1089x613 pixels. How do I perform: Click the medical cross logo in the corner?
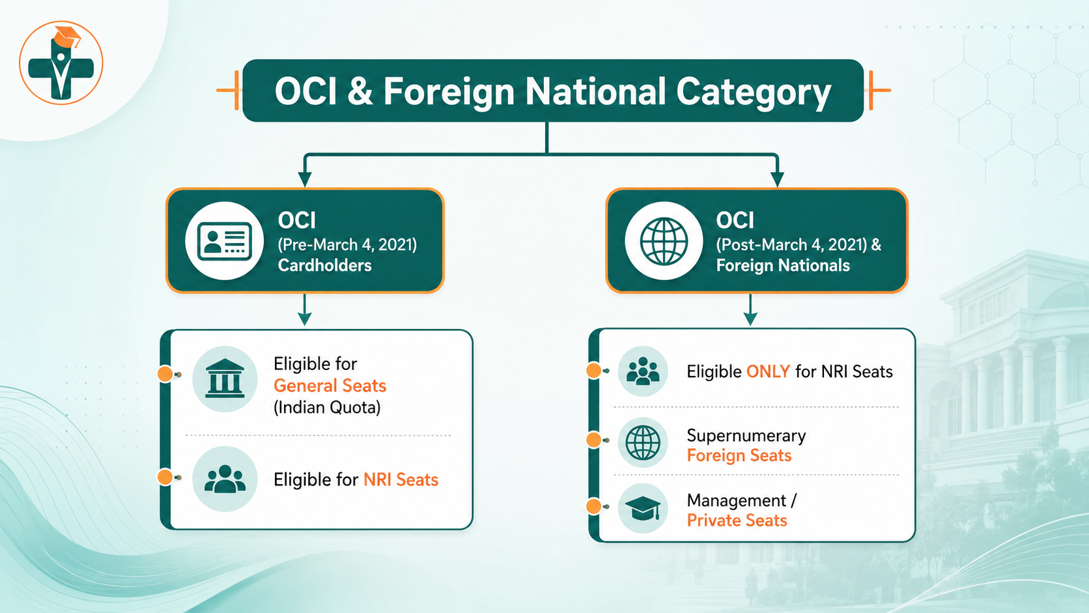coord(61,63)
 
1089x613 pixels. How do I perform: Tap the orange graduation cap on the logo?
coord(66,36)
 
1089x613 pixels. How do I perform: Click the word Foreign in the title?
coord(449,91)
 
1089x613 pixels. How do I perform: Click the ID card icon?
coord(225,241)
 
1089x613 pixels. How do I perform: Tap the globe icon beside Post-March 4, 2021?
coord(664,241)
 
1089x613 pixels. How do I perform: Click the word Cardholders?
coord(324,265)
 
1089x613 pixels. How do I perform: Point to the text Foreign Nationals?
coord(783,265)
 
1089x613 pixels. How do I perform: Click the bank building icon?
coord(225,378)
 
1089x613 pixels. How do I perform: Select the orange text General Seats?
coord(330,386)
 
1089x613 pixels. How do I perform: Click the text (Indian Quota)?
coord(327,407)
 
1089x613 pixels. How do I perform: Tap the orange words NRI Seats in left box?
coord(401,480)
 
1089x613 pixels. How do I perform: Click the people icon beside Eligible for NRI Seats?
coord(225,479)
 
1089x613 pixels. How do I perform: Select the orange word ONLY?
coord(768,372)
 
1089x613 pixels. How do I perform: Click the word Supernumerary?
coord(746,436)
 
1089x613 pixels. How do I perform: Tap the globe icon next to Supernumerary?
coord(643,442)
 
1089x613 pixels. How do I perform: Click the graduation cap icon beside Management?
coord(643,508)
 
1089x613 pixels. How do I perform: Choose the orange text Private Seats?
coord(737,520)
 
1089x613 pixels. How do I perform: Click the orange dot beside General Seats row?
coord(165,374)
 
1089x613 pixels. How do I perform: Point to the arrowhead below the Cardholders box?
coord(305,319)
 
